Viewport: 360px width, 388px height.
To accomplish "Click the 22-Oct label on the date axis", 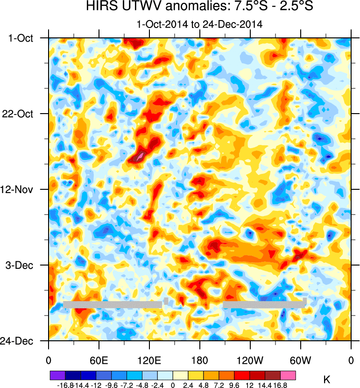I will (21, 114).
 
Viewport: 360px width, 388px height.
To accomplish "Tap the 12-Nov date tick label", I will (21, 189).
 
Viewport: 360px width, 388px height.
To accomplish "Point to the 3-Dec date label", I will (23, 265).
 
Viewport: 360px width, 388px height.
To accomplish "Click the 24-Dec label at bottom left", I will (21, 341).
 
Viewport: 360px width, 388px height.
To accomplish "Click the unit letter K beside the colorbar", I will (327, 380).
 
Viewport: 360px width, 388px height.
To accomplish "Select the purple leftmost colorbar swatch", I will (57, 375).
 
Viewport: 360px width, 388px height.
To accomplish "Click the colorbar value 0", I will (173, 384).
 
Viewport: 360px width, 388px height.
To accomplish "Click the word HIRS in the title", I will (100, 7).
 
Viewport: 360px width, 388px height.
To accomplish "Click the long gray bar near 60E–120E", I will (113, 305).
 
